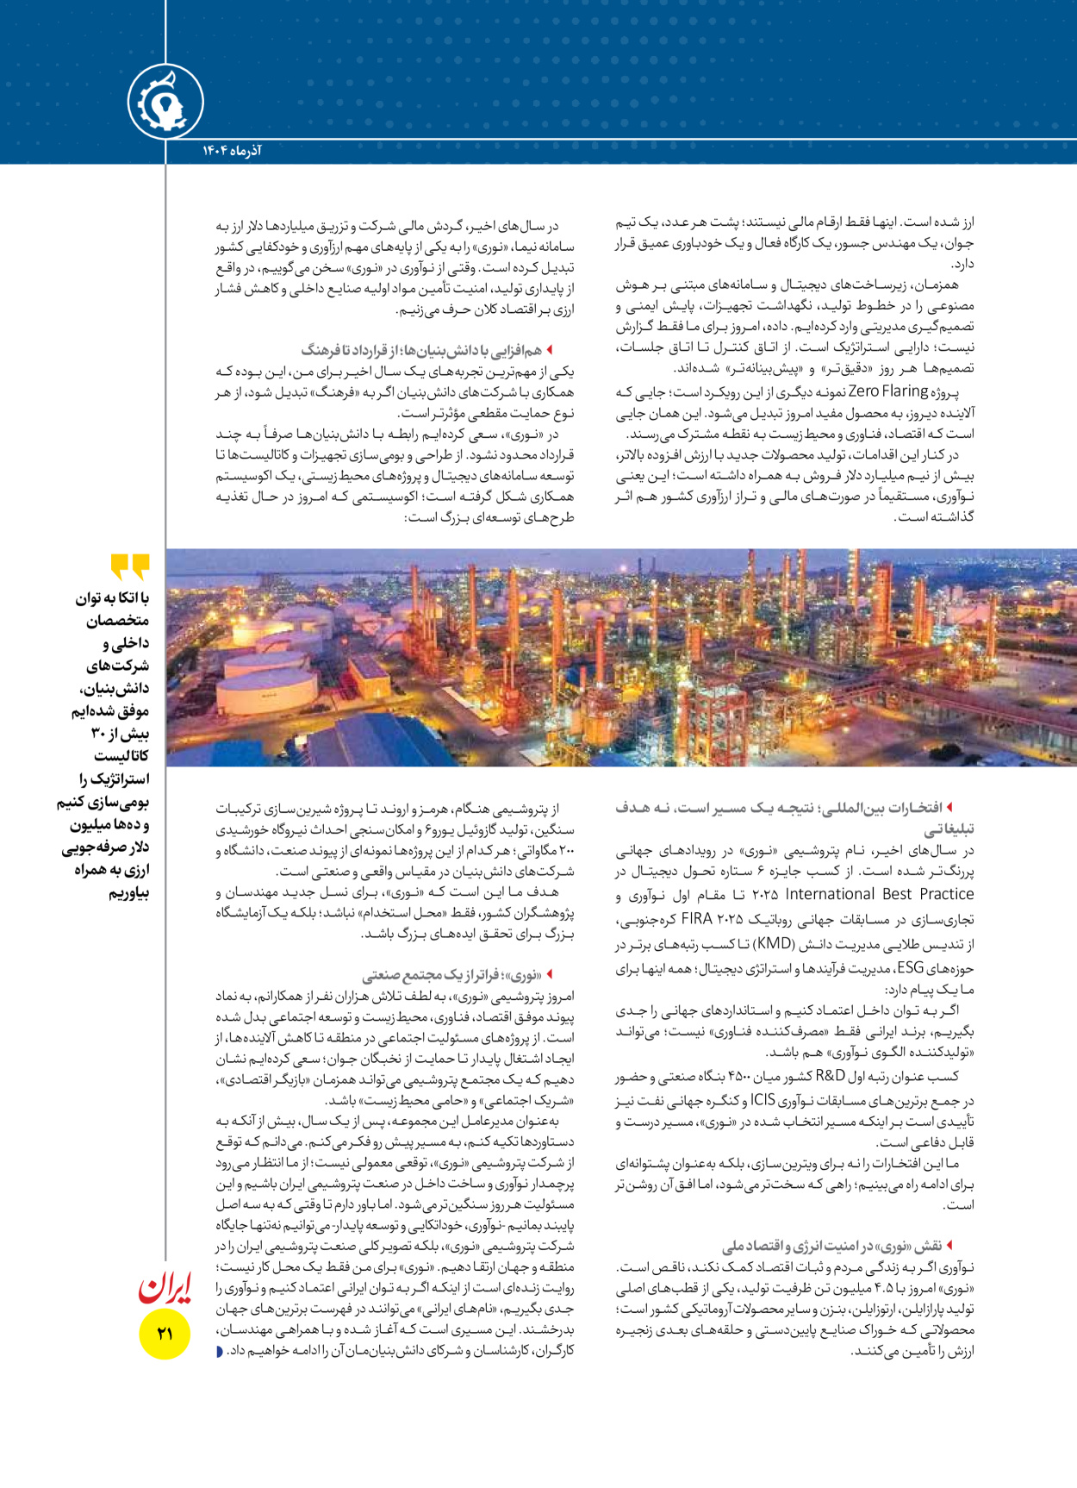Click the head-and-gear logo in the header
pos(165,103)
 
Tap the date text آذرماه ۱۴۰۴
pos(232,151)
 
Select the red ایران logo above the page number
pos(165,1287)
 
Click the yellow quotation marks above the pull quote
pos(130,566)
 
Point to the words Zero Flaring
pos(888,391)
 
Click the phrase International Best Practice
pos(879,894)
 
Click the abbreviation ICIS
pos(763,1099)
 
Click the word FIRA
pos(696,918)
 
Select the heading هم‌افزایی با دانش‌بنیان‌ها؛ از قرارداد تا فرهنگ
pos(422,350)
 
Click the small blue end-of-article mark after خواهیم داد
pos(219,1350)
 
